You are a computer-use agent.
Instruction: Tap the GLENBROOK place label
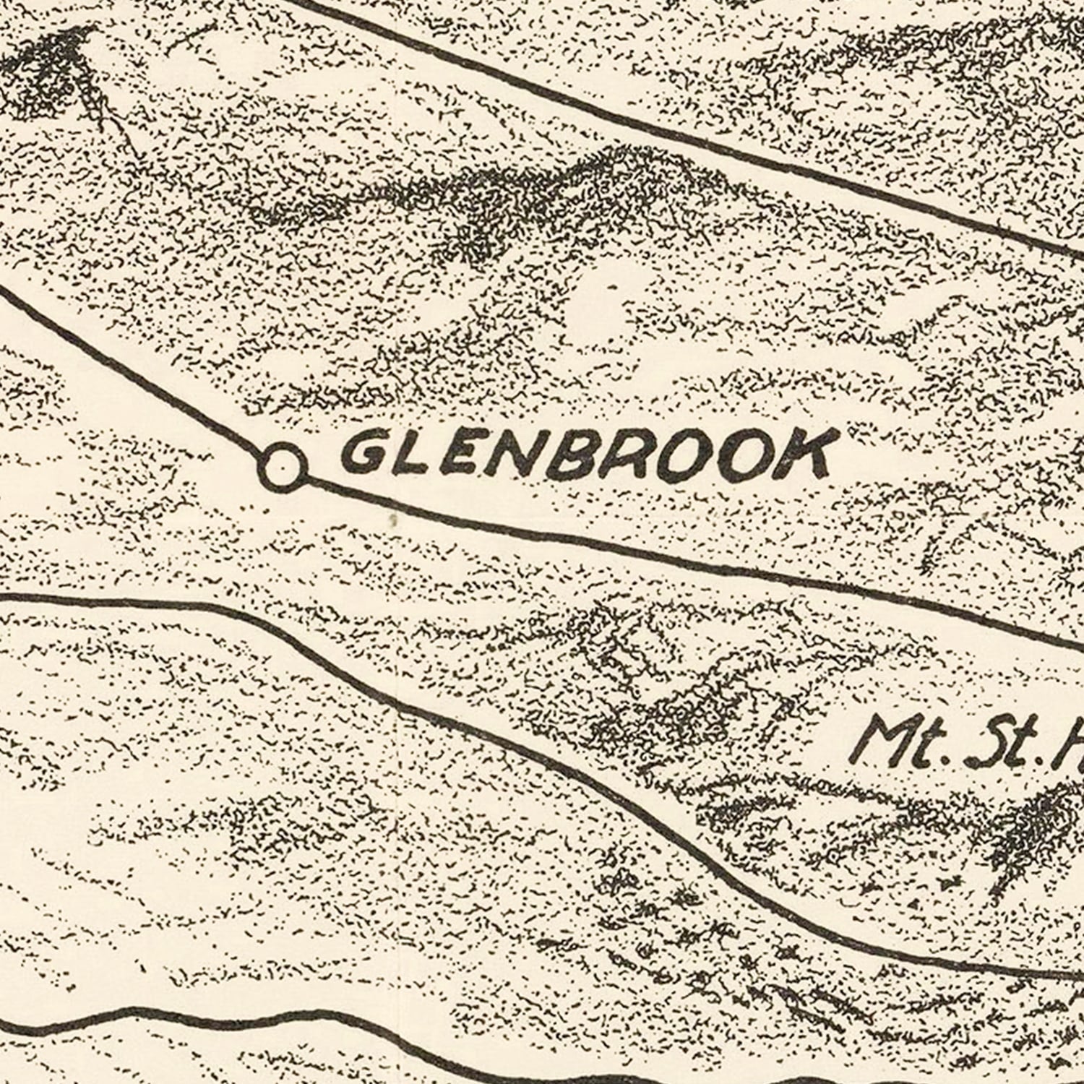585,456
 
